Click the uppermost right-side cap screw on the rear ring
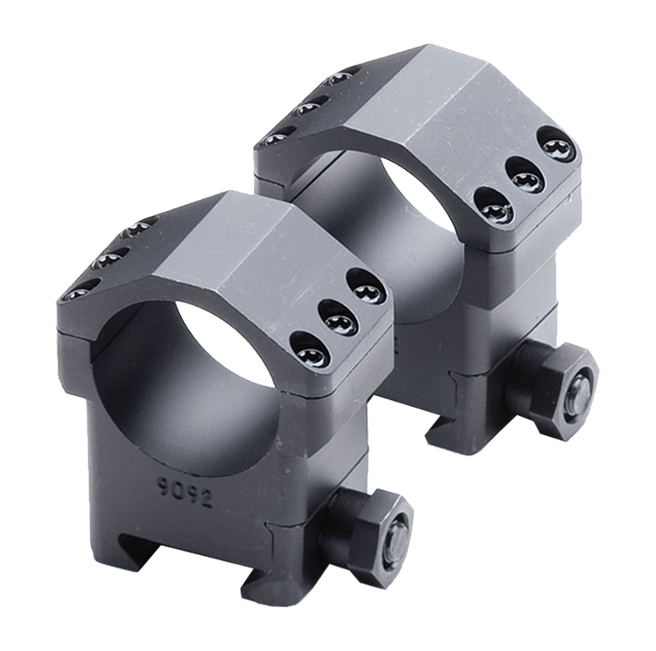click(557, 147)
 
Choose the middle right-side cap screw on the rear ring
click(526, 178)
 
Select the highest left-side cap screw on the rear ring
click(339, 78)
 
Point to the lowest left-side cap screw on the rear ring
click(277, 137)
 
